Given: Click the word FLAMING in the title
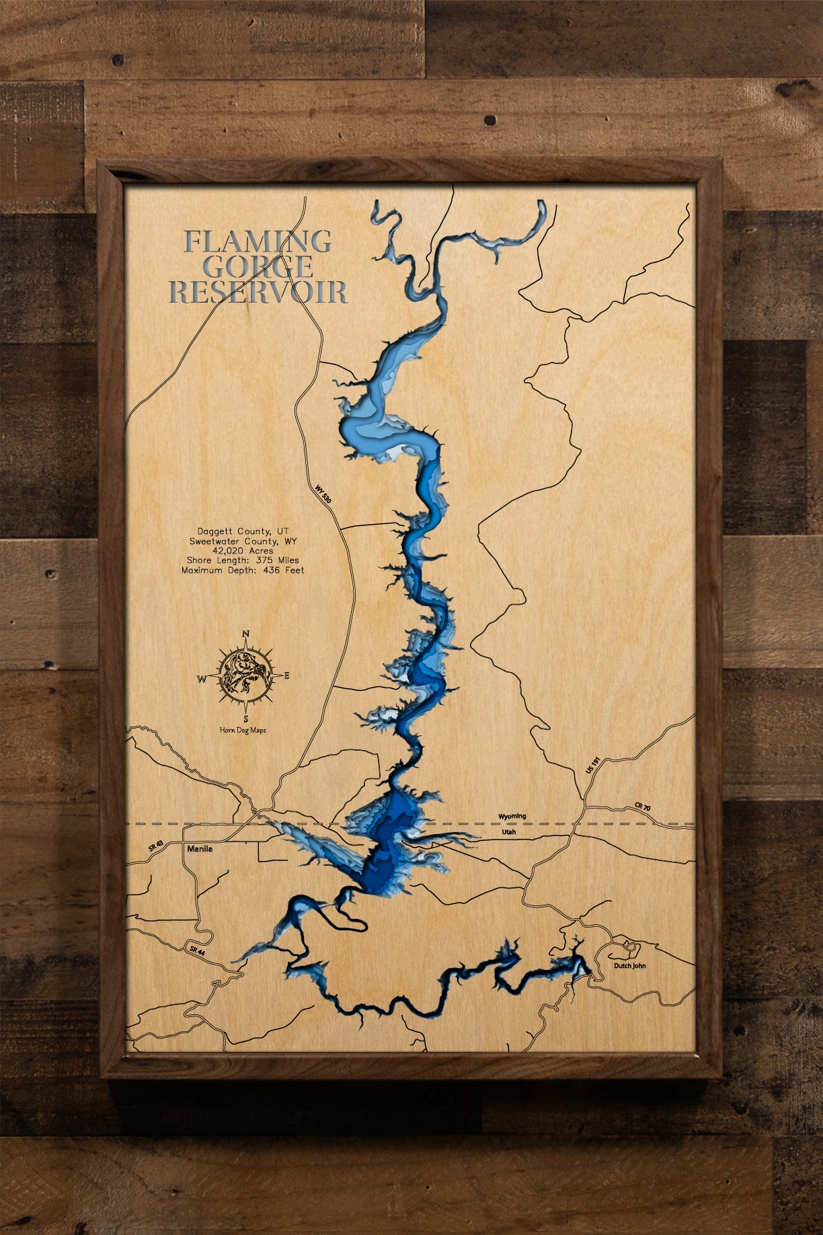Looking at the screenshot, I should [x=258, y=241].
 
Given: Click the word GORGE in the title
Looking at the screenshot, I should [x=258, y=267].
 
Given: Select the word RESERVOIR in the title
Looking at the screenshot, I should [x=258, y=292].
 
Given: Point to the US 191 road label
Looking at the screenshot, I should [x=592, y=765].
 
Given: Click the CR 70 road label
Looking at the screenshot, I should [x=642, y=807].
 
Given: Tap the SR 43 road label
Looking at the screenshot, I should [x=155, y=846].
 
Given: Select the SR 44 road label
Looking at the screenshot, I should [x=196, y=950].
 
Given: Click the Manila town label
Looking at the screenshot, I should [x=200, y=849].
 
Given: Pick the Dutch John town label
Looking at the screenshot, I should [x=629, y=966].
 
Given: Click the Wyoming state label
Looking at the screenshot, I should [x=512, y=817].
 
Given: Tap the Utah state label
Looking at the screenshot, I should [x=509, y=832].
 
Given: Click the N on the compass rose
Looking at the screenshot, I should [x=246, y=634].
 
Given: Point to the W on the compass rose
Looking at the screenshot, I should [x=201, y=679].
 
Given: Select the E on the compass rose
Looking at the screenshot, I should [x=287, y=676].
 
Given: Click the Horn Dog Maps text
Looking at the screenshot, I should [x=243, y=731].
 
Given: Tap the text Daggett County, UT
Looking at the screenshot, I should [x=243, y=531].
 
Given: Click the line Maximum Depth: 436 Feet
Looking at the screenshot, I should [x=243, y=570].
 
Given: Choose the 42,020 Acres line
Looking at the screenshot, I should [x=243, y=550].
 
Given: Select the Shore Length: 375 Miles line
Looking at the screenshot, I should [x=243, y=560].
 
